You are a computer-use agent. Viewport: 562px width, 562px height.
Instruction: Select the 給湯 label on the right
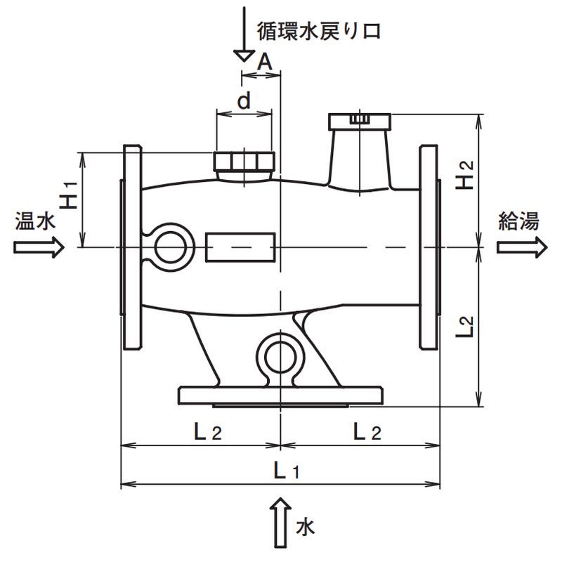pyautogui.click(x=518, y=222)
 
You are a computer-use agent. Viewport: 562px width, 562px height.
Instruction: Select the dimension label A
pyautogui.click(x=264, y=63)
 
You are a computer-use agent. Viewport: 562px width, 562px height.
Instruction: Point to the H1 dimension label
pyautogui.click(x=68, y=195)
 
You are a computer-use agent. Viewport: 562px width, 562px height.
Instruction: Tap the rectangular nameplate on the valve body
pyautogui.click(x=240, y=247)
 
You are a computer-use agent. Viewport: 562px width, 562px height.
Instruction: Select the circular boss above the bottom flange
pyautogui.click(x=280, y=355)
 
